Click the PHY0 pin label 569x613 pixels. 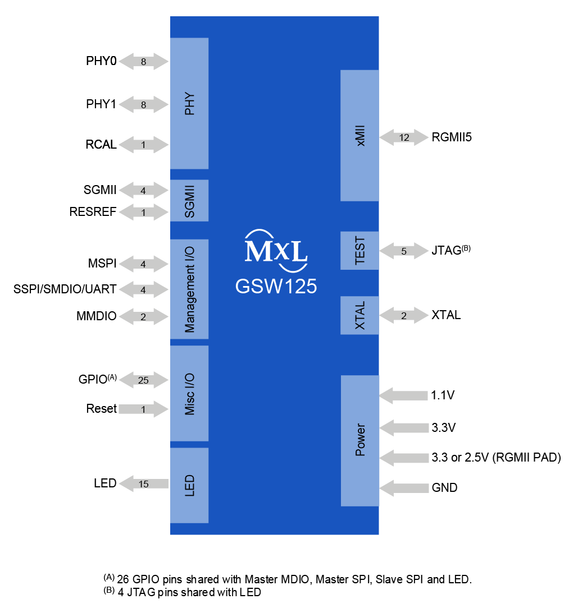(x=101, y=61)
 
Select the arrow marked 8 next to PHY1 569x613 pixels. (x=144, y=104)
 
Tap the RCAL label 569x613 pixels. (x=101, y=145)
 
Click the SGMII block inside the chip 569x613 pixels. (x=189, y=200)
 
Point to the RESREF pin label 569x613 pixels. (x=93, y=212)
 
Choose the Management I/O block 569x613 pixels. (x=189, y=289)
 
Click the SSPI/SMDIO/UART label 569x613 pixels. (x=65, y=289)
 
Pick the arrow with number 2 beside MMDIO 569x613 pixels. (x=144, y=317)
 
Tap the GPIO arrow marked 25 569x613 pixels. (x=144, y=380)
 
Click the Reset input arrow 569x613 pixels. (x=144, y=409)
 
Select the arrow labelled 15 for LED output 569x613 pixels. (x=144, y=483)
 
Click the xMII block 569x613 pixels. (x=360, y=135)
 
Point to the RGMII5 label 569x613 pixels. (x=452, y=137)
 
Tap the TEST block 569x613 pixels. (x=360, y=250)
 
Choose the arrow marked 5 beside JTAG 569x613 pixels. (x=404, y=251)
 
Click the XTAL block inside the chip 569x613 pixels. (x=360, y=315)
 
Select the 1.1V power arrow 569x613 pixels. (x=404, y=395)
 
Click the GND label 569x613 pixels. (x=444, y=488)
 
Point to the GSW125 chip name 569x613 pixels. (x=276, y=287)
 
